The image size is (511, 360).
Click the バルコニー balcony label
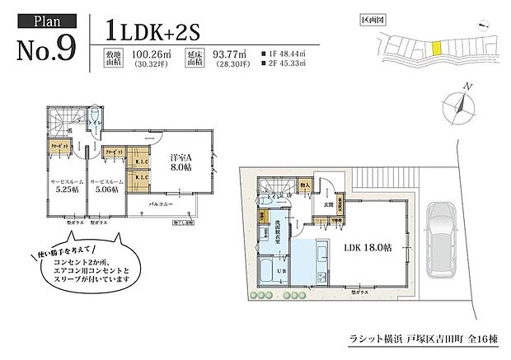tap(161, 201)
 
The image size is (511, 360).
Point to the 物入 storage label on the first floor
tap(305, 187)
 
